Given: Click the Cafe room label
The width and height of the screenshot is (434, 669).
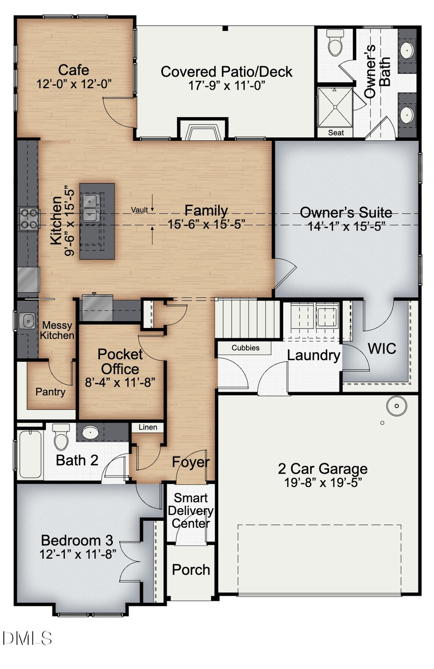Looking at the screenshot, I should pos(74,70).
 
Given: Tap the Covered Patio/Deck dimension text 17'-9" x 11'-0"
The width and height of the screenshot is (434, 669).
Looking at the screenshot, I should pos(227,85).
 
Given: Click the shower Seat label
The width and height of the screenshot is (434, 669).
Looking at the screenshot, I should pos(336,133).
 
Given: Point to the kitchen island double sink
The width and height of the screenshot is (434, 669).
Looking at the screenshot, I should pos(90,208).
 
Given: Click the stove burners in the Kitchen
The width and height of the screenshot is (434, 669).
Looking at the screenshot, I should pos(29,218).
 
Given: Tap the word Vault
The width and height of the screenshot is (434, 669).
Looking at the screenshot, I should pos(139,210).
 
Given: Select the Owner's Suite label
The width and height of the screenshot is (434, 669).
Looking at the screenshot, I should pos(346,213).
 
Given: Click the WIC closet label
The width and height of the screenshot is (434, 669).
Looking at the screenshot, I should pos(382,349).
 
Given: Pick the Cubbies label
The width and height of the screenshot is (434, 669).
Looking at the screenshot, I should pos(245,348).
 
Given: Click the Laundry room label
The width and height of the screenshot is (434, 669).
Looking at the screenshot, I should pos(313,355).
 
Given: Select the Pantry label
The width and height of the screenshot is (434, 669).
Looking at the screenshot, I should pos(50,392).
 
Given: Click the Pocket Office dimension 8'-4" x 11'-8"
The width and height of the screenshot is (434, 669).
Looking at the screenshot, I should pos(120,382).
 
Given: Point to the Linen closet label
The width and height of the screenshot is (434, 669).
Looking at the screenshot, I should pos(148,427).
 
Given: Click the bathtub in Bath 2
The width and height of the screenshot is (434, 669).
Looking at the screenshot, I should pos(30,454).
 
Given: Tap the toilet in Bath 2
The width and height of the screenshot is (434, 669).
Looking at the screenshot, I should pos(61,437).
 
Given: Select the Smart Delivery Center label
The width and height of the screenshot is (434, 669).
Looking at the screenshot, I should pos(190,510).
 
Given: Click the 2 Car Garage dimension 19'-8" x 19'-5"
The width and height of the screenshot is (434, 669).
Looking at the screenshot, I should pos(323,482).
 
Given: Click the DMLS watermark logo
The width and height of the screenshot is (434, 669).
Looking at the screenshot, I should pos(27,639).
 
